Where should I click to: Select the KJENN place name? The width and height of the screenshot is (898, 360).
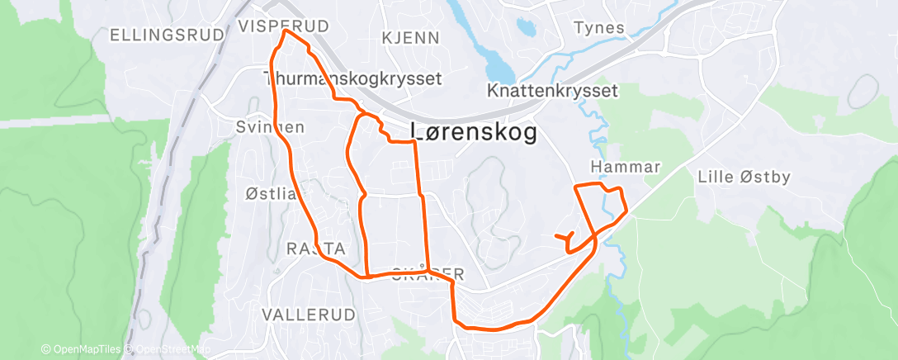coord(411,38)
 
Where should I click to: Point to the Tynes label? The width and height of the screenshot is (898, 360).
coord(599,28)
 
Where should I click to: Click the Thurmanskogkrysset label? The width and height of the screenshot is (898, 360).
coord(352,78)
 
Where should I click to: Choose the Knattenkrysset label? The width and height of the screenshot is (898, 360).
coord(553,89)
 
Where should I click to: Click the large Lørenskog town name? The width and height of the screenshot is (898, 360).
coord(474,132)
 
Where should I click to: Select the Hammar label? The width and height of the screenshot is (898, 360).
coord(626,168)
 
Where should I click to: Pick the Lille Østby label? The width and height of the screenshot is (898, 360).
coord(744,176)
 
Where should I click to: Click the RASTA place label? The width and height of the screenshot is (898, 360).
coord(314,249)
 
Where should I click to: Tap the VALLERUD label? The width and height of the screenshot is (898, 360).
coord(309,315)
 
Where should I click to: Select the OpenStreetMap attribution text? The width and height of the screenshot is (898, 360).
coord(168,350)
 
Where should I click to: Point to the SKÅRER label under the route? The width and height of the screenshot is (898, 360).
coord(423,273)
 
